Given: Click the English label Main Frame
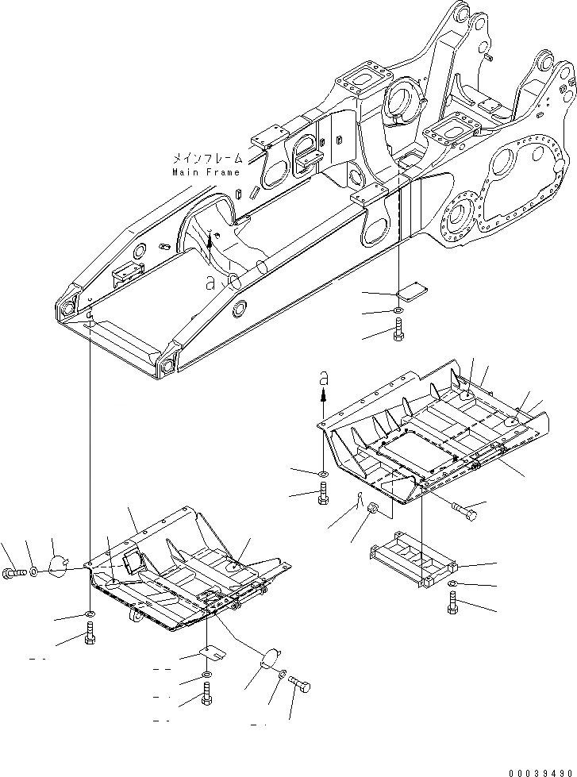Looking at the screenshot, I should point(207,171).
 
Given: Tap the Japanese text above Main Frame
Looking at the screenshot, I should point(209,159).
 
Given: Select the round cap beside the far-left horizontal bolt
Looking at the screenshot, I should point(58,564).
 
